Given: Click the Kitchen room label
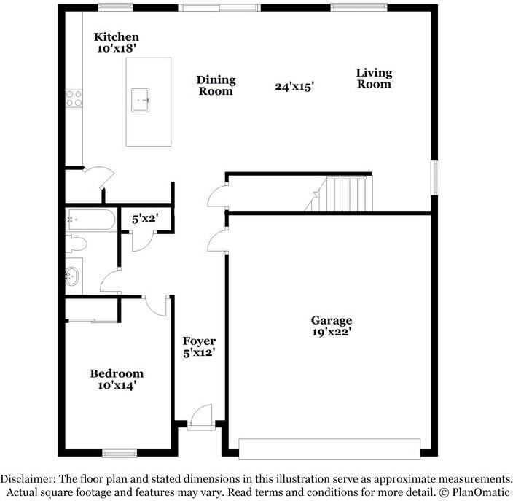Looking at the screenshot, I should (x=117, y=37).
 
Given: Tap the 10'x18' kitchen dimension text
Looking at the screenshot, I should (x=117, y=49).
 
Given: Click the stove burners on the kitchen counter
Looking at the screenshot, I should (x=74, y=98).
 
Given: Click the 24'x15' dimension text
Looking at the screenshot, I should (x=294, y=86).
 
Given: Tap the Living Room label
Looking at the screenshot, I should (x=374, y=78).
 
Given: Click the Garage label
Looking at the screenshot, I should (x=332, y=320).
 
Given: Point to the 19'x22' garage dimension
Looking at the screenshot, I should (x=332, y=332).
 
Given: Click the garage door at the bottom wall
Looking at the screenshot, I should (x=329, y=449).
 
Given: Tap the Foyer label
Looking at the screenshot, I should (x=199, y=341).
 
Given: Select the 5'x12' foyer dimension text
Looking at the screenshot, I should (x=199, y=352).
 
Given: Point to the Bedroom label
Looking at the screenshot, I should (x=117, y=374).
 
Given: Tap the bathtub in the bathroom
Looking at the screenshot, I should (x=90, y=219).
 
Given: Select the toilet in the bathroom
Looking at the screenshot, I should (x=76, y=244).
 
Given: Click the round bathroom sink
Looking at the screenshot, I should (x=73, y=276).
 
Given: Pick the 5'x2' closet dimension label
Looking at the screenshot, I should (x=145, y=218).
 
